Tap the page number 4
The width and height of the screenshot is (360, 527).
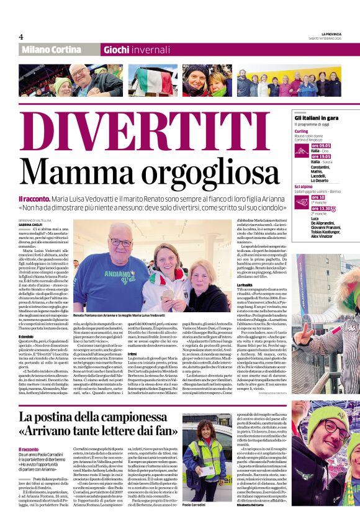tap(21, 37)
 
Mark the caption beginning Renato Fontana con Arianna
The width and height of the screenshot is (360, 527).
tap(119, 316)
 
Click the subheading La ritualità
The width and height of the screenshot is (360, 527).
tap(245, 284)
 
